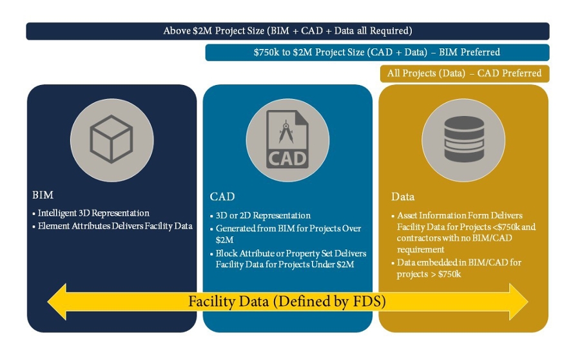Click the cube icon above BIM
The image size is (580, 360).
click(111, 139)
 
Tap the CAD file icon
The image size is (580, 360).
click(287, 139)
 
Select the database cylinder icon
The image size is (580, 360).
click(464, 139)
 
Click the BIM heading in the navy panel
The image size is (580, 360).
click(43, 194)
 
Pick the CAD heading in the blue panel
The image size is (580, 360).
click(222, 196)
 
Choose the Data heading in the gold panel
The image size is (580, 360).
click(403, 196)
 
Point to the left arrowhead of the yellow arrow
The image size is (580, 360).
click(57, 301)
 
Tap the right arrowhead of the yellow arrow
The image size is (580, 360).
click(519, 301)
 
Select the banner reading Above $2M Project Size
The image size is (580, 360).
click(288, 31)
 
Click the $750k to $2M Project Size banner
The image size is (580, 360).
click(377, 52)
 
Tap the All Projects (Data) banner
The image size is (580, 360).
click(465, 73)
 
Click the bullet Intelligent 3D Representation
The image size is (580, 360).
click(91, 213)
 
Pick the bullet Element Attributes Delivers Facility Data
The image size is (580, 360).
click(112, 226)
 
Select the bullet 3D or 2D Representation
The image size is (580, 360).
click(260, 216)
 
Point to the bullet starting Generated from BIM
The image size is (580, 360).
click(285, 234)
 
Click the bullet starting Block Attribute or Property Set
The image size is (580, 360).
click(288, 259)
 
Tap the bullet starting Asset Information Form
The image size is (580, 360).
click(463, 232)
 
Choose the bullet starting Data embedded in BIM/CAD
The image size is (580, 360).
click(456, 268)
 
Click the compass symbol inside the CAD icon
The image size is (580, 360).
click(286, 131)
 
